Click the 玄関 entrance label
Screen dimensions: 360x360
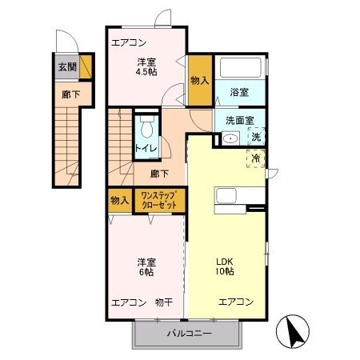(x=67, y=67)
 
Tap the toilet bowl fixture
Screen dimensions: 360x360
(x=146, y=126)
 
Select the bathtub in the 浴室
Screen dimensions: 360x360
(x=240, y=67)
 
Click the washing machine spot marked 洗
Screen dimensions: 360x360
(x=256, y=137)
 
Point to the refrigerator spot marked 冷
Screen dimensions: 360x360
(x=256, y=158)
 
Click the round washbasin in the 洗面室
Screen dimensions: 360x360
(x=230, y=138)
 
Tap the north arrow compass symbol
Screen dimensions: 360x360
(x=293, y=331)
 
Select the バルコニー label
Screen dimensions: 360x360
(x=190, y=333)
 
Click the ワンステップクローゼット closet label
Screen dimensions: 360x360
(x=159, y=200)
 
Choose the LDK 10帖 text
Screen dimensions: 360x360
(x=225, y=266)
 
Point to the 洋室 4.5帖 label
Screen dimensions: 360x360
(x=146, y=67)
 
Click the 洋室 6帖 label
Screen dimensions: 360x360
(x=146, y=267)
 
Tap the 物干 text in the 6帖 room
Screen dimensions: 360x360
(x=164, y=302)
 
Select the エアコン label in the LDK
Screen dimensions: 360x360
(x=236, y=302)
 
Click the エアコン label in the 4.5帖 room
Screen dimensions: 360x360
(x=129, y=42)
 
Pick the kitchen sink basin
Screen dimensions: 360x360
(x=226, y=196)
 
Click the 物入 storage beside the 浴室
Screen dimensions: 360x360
(x=200, y=80)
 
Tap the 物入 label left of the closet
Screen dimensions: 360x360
(x=120, y=200)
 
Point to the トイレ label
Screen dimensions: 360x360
(x=146, y=148)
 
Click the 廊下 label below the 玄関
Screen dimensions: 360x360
(x=70, y=94)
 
